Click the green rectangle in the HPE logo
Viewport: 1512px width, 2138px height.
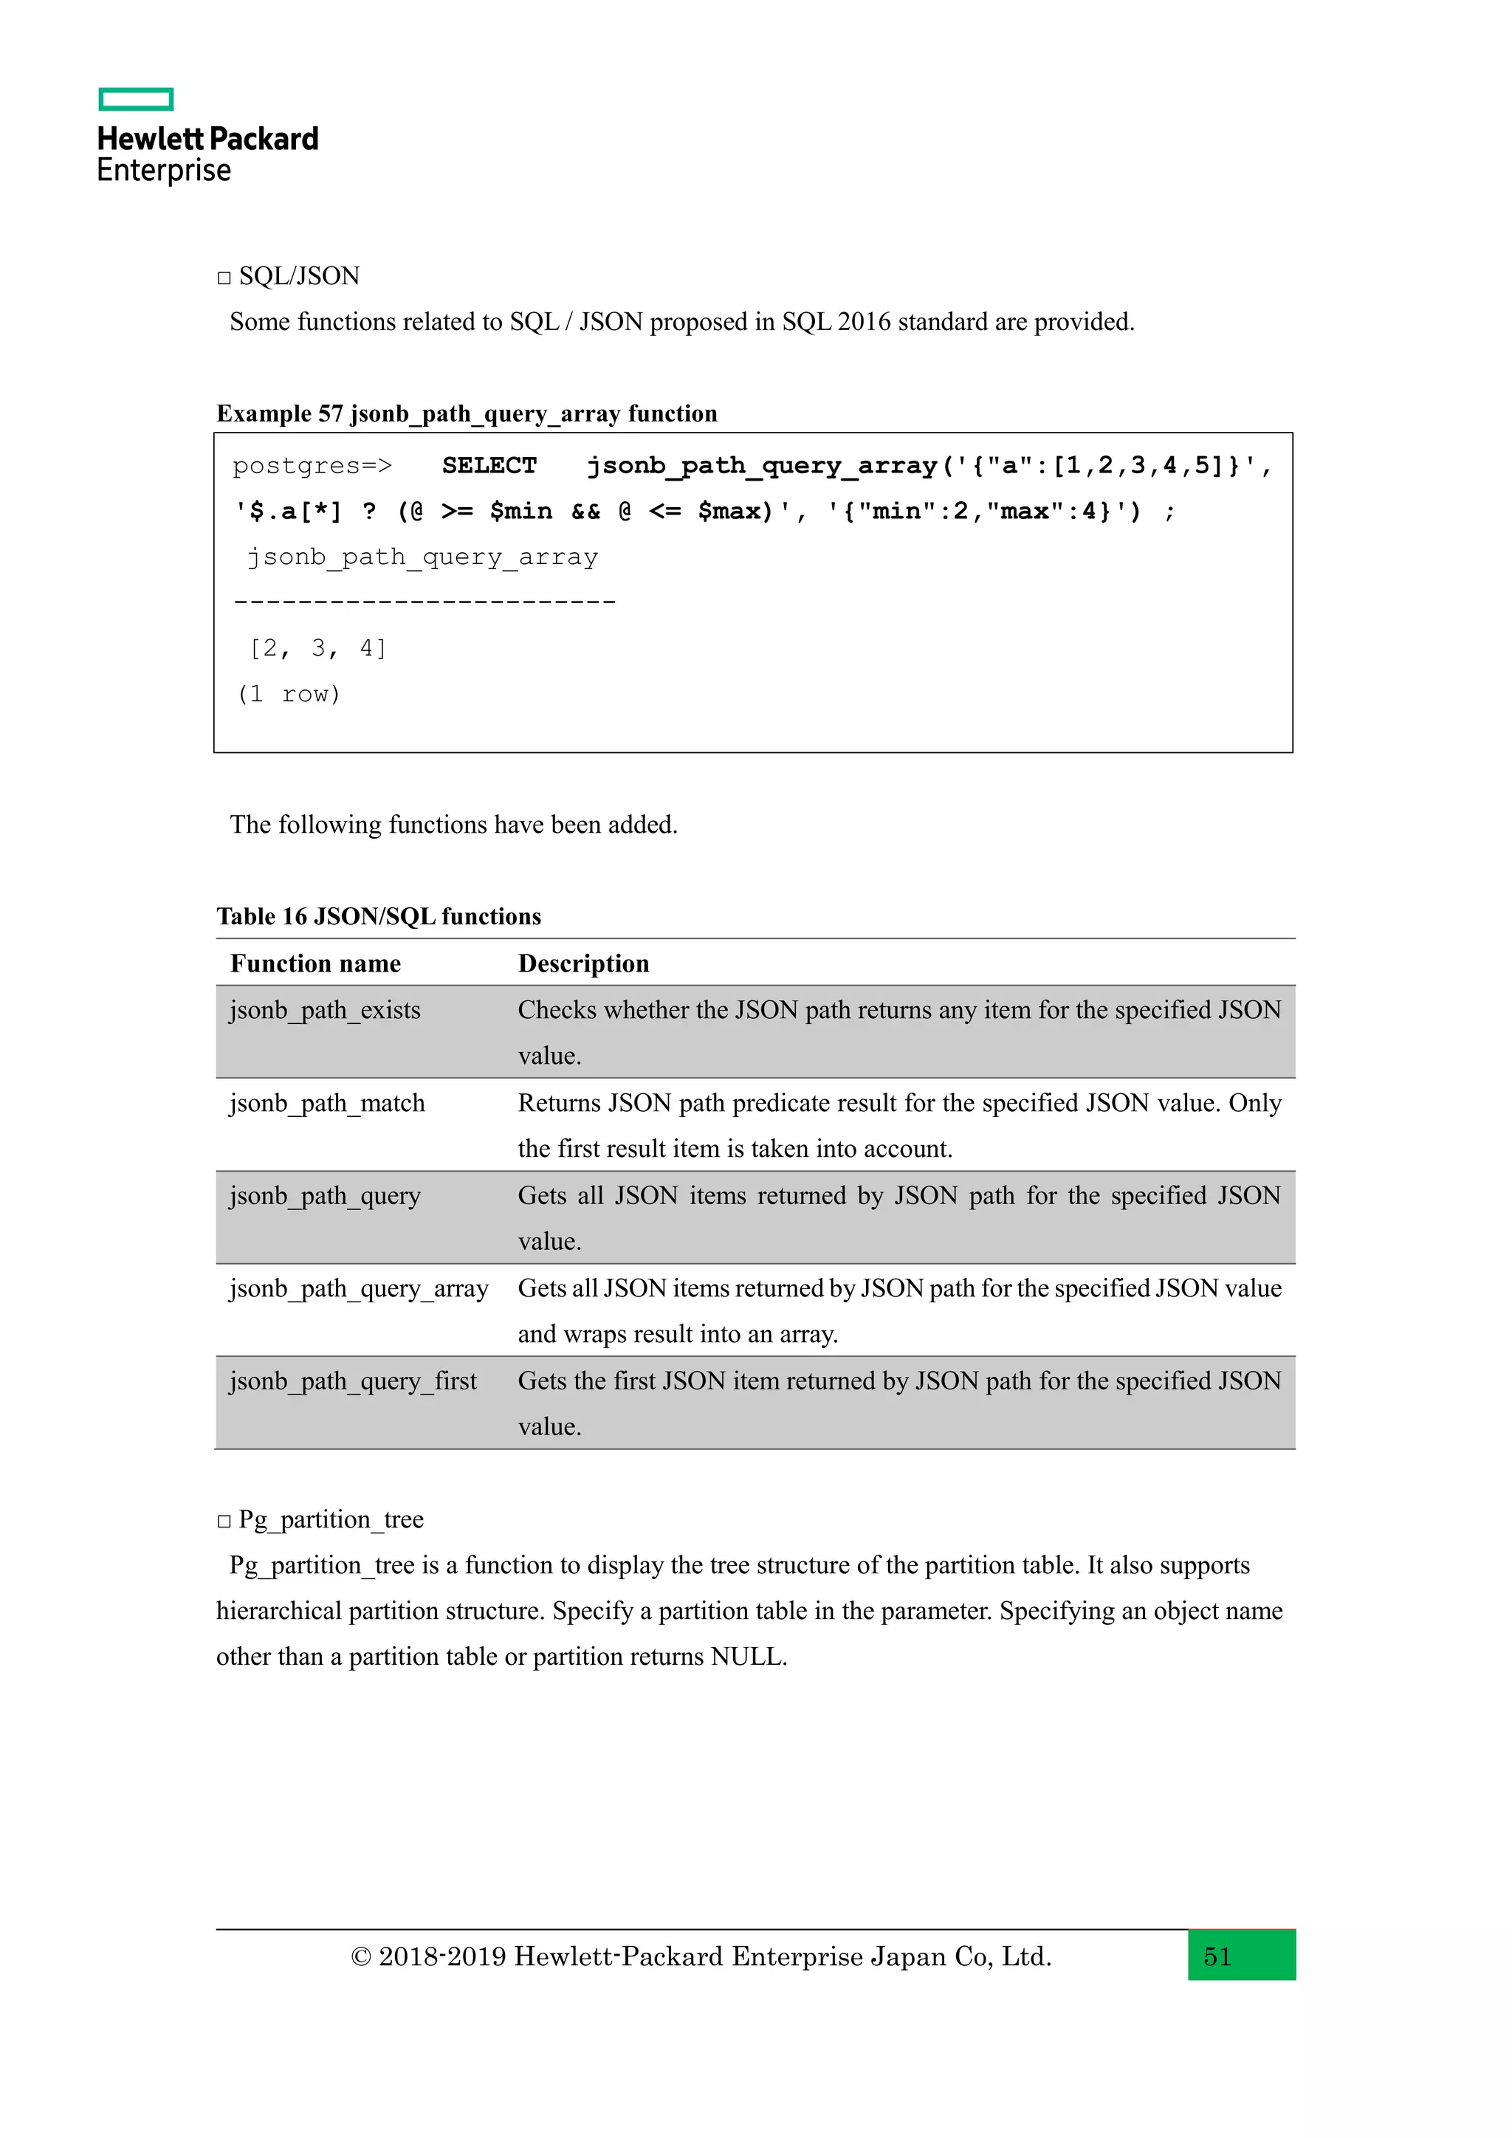136,100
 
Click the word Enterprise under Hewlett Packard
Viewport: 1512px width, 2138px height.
164,171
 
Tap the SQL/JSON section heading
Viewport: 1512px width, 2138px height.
298,277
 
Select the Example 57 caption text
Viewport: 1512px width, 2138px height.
467,413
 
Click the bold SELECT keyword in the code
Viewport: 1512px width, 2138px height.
489,466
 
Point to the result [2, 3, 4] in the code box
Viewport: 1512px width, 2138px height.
317,648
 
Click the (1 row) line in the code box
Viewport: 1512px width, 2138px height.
289,695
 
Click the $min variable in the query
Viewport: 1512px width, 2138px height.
520,511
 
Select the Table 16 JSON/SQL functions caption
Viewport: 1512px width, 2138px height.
378,916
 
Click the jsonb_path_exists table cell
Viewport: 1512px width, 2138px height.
325,1011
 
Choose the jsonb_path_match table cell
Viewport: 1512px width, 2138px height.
327,1104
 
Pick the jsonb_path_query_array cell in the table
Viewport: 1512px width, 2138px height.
359,1289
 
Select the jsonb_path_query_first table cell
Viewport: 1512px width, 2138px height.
353,1381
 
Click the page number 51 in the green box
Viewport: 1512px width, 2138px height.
1217,1956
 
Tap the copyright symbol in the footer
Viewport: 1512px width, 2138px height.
360,1957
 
